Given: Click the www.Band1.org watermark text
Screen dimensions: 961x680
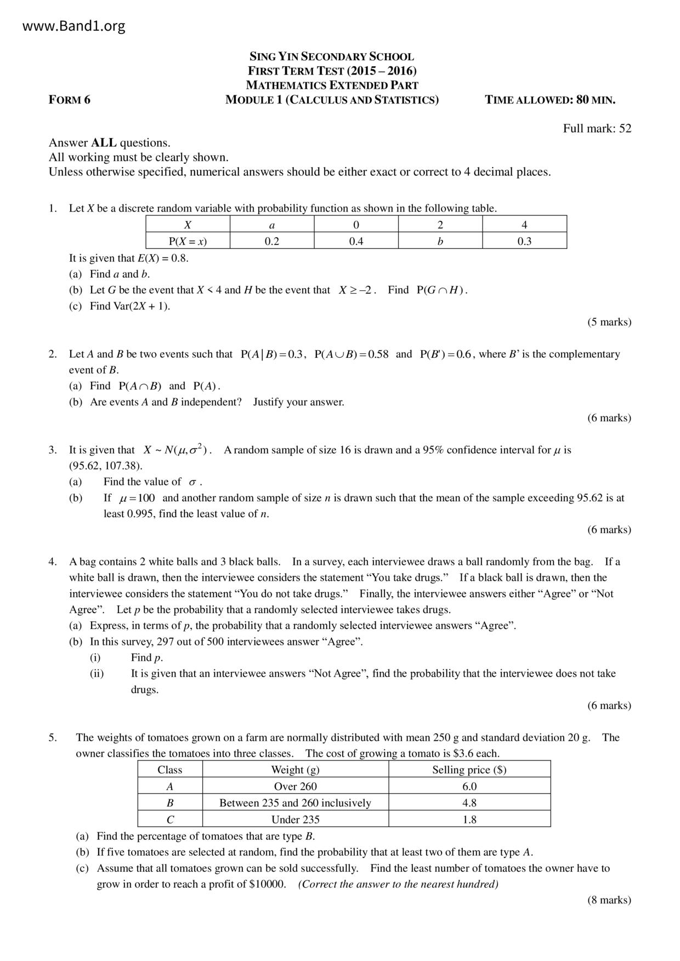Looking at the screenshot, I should click(x=74, y=26).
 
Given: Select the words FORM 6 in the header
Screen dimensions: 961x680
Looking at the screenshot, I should click(x=70, y=100).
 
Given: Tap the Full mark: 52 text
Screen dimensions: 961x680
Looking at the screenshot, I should click(x=597, y=129).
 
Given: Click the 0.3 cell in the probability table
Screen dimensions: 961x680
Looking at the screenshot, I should click(x=524, y=242).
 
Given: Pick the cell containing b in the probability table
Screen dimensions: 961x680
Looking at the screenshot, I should click(x=440, y=242).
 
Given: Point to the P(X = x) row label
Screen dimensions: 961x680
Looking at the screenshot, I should click(x=188, y=242).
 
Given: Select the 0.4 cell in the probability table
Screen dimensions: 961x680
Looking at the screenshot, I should click(x=356, y=242).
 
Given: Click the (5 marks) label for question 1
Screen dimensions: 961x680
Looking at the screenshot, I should click(x=609, y=322).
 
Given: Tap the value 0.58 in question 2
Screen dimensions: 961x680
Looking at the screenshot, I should click(x=378, y=354).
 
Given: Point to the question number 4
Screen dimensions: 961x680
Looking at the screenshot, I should click(x=53, y=562).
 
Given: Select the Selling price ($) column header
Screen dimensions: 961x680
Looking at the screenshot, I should click(x=469, y=770).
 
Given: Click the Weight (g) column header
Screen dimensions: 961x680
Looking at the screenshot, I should click(x=295, y=770).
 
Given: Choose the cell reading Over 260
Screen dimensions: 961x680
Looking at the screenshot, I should click(x=295, y=787).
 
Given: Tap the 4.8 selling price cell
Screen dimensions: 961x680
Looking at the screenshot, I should click(x=469, y=803).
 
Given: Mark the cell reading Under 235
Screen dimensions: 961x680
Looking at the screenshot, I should click(x=295, y=820).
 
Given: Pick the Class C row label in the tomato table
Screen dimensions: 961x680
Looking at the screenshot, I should click(x=170, y=820).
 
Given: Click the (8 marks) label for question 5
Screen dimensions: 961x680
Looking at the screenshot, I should click(x=609, y=900).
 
